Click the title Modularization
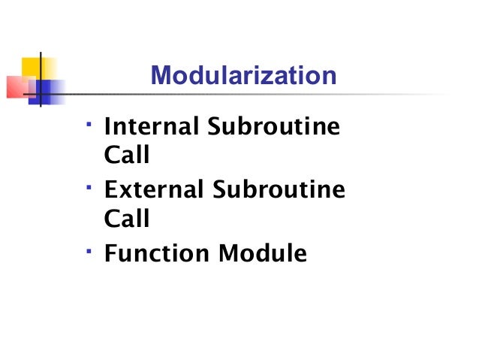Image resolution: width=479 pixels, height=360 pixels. [x=243, y=76]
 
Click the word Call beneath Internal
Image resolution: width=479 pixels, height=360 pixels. [x=126, y=156]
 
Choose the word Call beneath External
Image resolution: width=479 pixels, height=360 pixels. [x=126, y=219]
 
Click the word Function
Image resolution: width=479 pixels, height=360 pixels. [x=158, y=253]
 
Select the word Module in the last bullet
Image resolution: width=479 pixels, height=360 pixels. [x=263, y=253]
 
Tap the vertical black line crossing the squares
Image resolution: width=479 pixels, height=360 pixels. [x=40, y=79]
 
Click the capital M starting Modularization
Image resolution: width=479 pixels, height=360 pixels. [x=160, y=76]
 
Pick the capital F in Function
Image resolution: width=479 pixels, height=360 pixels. [x=110, y=253]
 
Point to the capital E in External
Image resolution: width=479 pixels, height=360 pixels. [x=110, y=189]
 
